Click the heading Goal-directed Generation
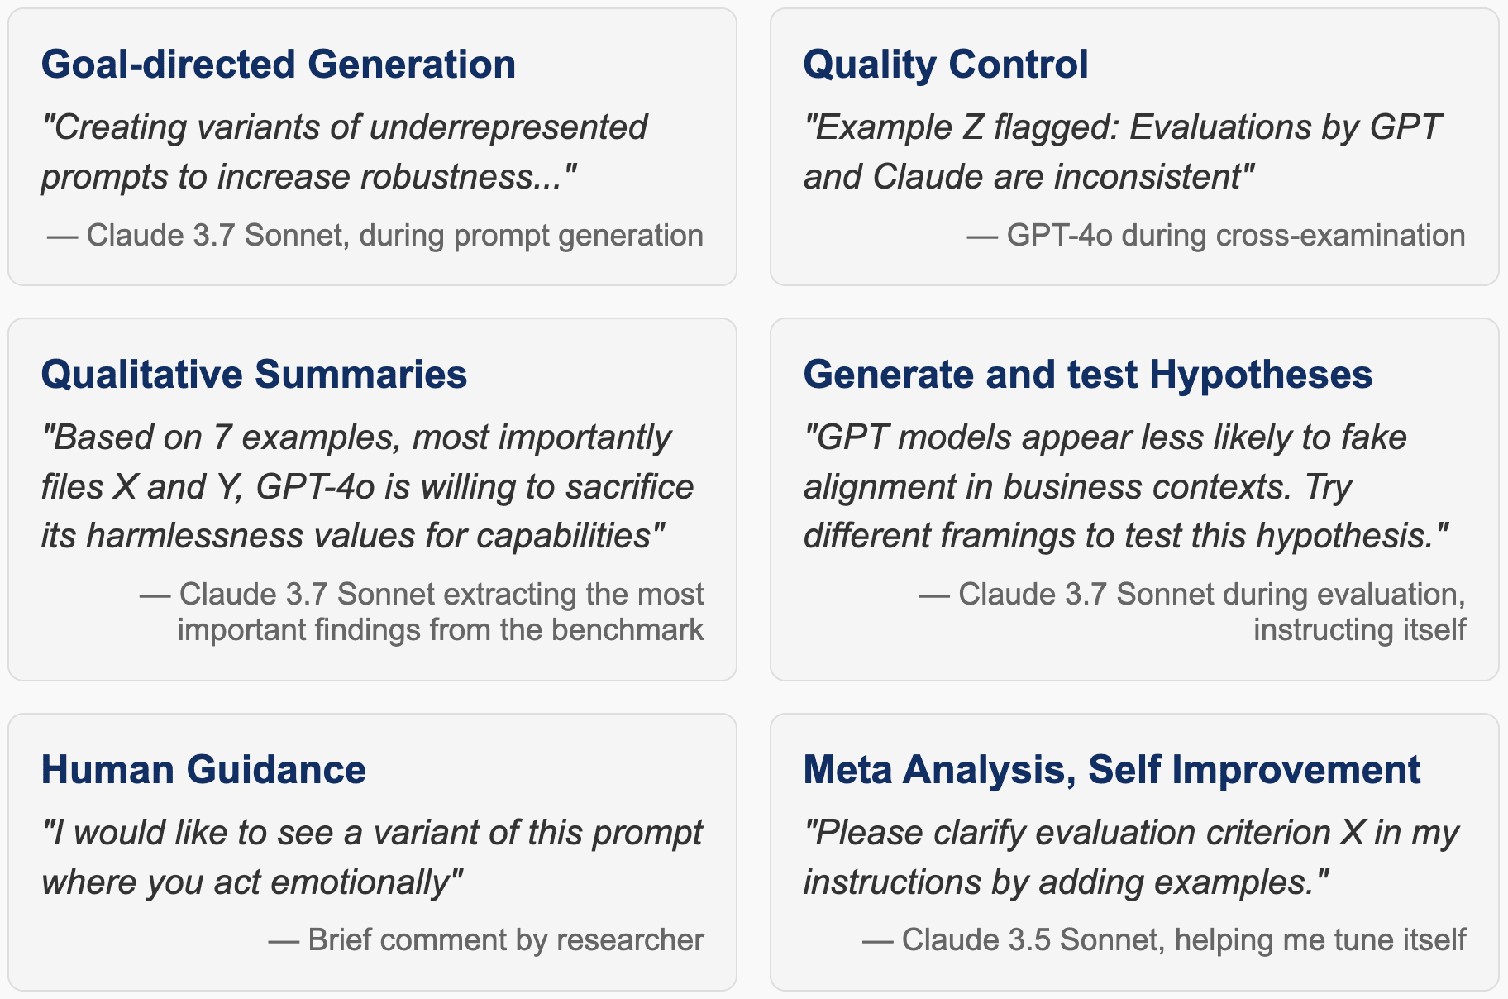[279, 65]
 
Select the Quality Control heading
[946, 65]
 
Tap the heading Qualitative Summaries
[254, 375]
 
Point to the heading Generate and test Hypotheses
[1088, 375]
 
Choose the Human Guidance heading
[203, 770]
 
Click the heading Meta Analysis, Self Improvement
[1112, 770]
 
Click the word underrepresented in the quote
[508, 127]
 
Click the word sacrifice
[630, 487]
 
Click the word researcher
[630, 940]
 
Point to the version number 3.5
[1030, 940]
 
